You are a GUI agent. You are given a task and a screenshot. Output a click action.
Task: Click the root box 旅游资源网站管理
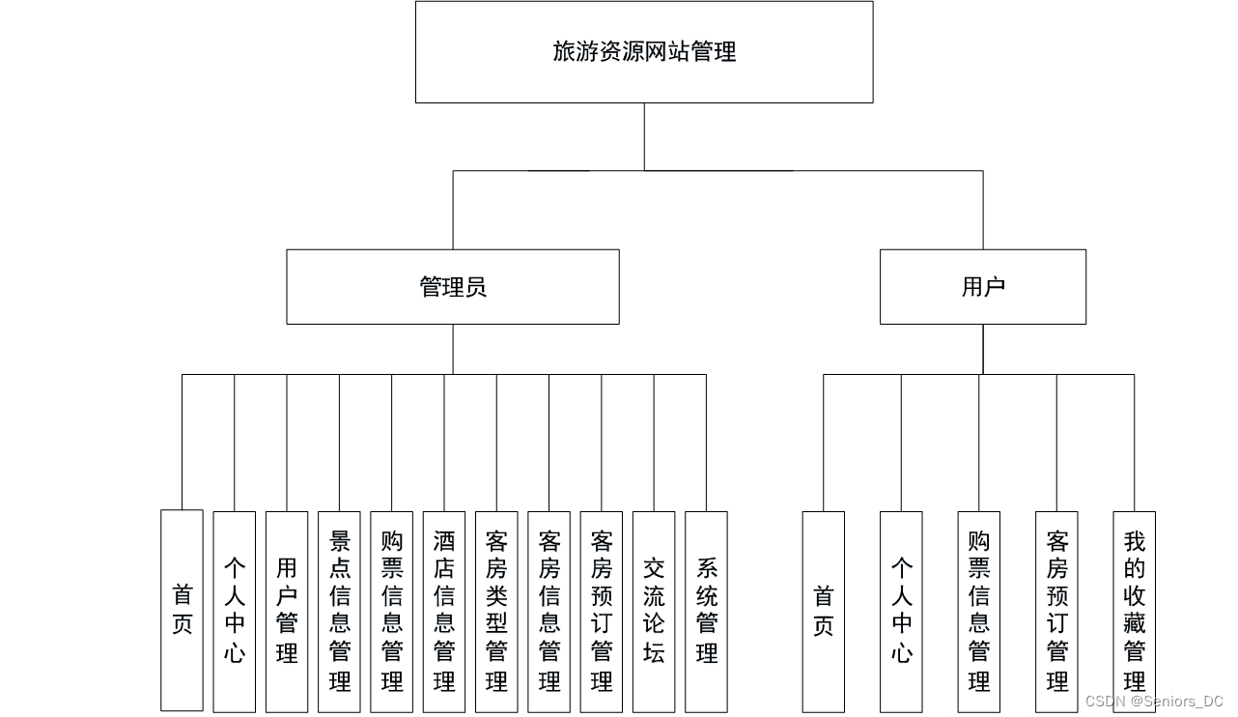click(644, 52)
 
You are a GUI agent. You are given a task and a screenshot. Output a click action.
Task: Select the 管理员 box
click(453, 287)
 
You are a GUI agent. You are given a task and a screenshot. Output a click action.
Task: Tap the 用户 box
click(983, 287)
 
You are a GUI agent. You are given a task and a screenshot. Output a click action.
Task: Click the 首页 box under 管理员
click(182, 611)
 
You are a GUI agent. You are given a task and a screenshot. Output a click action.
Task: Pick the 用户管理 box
click(287, 612)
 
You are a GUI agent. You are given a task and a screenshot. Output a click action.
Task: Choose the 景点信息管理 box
click(339, 612)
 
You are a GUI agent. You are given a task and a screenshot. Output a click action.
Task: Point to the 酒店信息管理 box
click(444, 612)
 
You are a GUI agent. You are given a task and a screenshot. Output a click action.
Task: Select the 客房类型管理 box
click(496, 612)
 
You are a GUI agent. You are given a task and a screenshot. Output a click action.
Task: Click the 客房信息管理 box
click(549, 612)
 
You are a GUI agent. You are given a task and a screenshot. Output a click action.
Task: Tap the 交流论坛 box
click(654, 612)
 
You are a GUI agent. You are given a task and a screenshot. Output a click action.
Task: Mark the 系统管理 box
click(706, 612)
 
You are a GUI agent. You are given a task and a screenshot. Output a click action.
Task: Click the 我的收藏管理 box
click(1134, 612)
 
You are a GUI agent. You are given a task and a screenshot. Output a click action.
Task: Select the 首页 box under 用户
click(824, 612)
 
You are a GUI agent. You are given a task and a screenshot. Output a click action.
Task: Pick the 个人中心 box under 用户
click(901, 612)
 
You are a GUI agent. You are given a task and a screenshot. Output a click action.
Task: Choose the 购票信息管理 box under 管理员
click(391, 612)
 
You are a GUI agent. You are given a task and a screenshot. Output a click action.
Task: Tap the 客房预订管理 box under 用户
click(1056, 612)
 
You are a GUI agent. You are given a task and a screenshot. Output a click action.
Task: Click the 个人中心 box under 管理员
click(235, 612)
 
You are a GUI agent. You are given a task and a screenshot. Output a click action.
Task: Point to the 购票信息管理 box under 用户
click(979, 612)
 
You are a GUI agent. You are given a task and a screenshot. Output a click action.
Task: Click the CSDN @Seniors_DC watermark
click(1154, 701)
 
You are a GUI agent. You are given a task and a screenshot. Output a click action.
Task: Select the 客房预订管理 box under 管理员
click(602, 612)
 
